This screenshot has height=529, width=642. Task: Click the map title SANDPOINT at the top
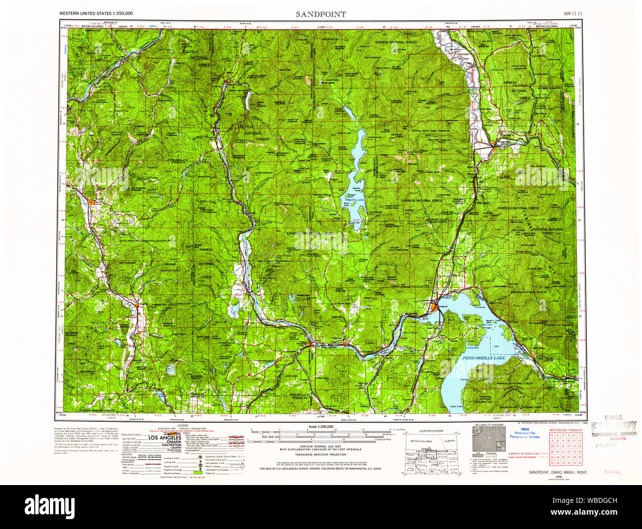(321, 14)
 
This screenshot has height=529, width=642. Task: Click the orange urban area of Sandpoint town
(434, 308)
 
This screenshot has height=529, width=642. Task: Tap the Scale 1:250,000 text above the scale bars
(320, 427)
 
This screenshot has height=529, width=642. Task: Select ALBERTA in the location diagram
(450, 440)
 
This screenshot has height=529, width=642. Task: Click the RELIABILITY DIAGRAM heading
(489, 425)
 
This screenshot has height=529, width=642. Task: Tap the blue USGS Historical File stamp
(524, 433)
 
